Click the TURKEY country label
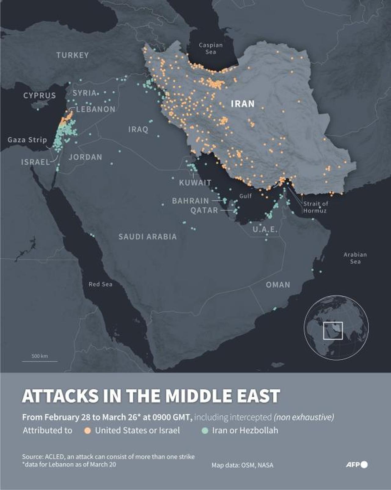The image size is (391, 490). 72,55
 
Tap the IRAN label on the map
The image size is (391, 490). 243,104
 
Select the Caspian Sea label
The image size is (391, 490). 210,48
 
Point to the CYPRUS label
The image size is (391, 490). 39,95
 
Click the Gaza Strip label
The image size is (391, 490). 27,140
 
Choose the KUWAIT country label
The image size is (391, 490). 195,183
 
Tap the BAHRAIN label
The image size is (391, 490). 190,201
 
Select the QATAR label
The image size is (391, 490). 204,210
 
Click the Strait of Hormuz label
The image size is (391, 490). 315,207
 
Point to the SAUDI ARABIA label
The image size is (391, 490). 148,237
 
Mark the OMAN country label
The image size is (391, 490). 278,285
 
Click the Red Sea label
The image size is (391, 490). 100,284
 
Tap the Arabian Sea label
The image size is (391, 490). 355,258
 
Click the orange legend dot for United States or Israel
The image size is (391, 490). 88,431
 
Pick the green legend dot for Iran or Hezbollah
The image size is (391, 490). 205,431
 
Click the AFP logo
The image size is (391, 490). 356,465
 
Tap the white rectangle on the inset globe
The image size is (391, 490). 333,331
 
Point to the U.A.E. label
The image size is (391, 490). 265,229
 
